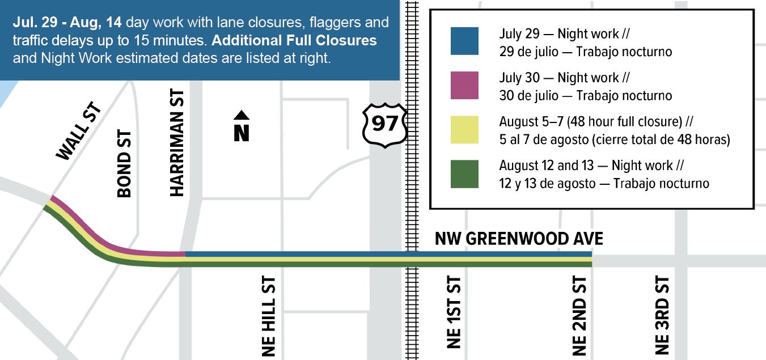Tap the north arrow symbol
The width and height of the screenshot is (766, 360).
click(x=242, y=126)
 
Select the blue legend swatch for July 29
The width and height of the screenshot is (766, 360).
click(x=464, y=41)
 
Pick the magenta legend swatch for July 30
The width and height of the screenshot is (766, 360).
click(x=464, y=85)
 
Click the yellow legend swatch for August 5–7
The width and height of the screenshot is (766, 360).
click(x=464, y=130)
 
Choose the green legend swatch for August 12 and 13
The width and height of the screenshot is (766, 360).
click(x=464, y=174)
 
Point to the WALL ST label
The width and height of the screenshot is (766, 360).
click(x=79, y=132)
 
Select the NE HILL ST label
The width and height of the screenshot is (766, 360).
click(x=269, y=316)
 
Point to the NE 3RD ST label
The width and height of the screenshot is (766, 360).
click(x=662, y=315)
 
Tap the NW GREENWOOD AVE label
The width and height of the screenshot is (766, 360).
click(x=519, y=239)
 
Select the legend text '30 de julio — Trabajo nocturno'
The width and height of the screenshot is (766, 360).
click(x=585, y=95)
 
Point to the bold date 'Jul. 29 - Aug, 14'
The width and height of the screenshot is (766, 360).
click(x=67, y=23)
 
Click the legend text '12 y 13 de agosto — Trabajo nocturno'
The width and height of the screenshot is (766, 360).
click(x=604, y=184)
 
